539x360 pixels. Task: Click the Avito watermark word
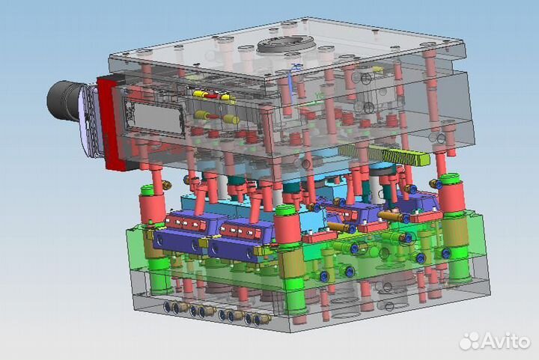[506, 341]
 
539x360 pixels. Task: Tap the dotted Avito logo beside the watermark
[470, 341]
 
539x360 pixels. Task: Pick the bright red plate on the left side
[111, 123]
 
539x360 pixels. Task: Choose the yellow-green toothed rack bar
[384, 155]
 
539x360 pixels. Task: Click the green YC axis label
[319, 96]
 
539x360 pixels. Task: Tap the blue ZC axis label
[295, 67]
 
